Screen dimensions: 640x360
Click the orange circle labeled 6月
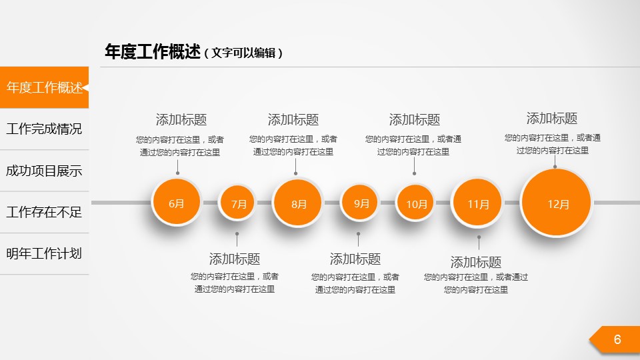tap(176, 202)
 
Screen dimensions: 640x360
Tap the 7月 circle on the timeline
tap(237, 203)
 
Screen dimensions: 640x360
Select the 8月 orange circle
tap(297, 203)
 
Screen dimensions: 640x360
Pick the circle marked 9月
tap(359, 203)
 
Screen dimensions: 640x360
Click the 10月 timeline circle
tap(415, 203)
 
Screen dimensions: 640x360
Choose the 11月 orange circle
tap(477, 203)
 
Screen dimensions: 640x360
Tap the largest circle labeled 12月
tap(556, 203)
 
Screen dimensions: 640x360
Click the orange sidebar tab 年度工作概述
tap(44, 87)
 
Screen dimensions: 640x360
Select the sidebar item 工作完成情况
tap(44, 129)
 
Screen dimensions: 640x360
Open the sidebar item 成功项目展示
tap(44, 171)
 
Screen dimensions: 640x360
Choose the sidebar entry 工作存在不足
tap(44, 212)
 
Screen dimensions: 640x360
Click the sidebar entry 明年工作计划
tap(44, 253)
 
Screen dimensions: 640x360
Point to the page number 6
tap(617, 339)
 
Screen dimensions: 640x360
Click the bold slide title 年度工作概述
tap(153, 52)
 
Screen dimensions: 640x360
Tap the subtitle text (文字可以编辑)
tap(244, 53)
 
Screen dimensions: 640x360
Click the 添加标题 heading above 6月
tap(181, 119)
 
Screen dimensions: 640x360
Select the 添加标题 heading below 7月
tap(235, 259)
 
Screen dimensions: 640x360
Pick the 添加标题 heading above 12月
tap(552, 119)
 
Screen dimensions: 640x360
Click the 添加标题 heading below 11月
tap(476, 262)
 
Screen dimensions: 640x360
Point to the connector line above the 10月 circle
tap(414, 166)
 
